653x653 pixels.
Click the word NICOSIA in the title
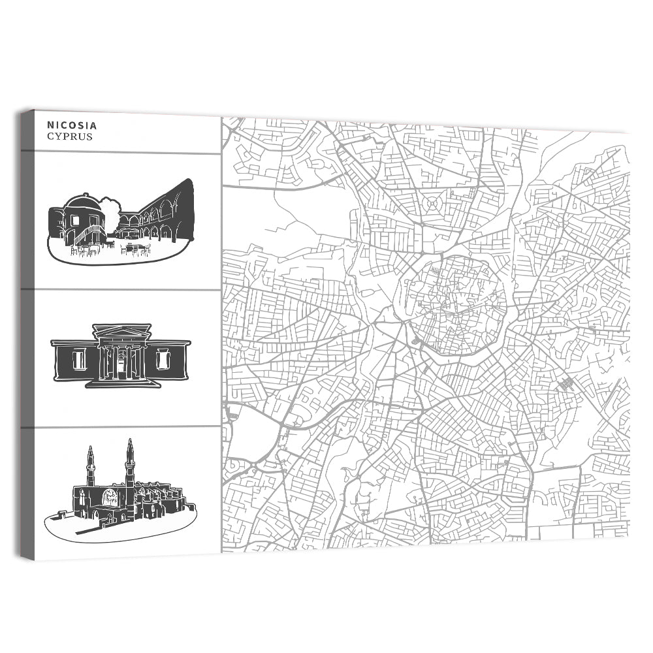(x=72, y=125)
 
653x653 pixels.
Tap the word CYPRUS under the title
(x=70, y=136)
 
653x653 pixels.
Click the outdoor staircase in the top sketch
(x=91, y=232)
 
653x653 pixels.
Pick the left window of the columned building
(x=79, y=358)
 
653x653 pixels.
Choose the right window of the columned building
(x=163, y=358)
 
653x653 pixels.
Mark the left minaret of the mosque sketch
(x=90, y=465)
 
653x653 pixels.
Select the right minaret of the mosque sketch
(x=130, y=461)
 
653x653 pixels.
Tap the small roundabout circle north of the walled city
(x=432, y=204)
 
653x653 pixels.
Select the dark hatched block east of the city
(x=566, y=383)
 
